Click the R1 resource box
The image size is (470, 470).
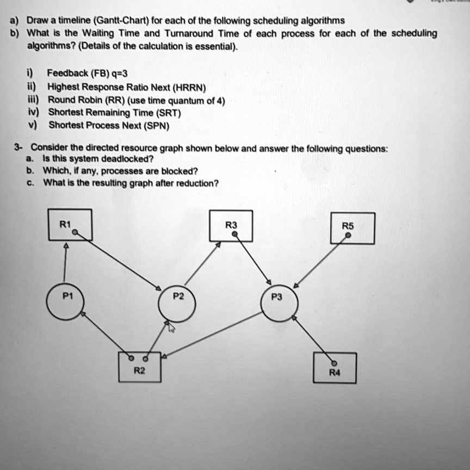point(70,224)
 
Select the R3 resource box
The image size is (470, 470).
point(231,225)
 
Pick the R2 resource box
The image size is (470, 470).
point(139,367)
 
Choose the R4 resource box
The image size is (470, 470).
point(335,368)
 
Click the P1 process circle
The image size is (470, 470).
point(65,302)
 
